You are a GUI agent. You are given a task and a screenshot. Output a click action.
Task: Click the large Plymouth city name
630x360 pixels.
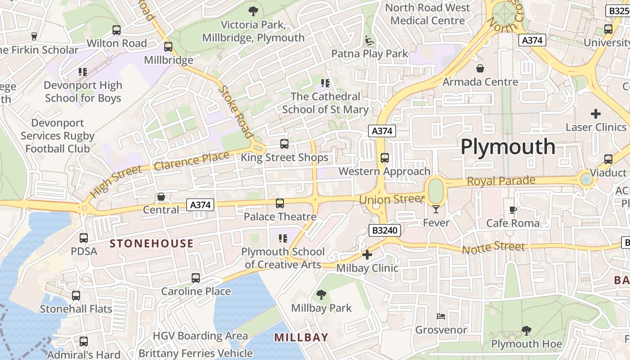508,147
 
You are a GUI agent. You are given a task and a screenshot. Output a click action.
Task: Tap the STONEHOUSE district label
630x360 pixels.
152,243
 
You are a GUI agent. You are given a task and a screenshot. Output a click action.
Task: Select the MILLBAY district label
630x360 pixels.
301,337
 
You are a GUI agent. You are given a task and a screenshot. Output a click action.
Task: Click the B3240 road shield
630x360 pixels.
384,230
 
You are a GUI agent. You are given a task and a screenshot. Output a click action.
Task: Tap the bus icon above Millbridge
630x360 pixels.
168,47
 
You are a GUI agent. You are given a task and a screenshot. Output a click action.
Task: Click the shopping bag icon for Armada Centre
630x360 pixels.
480,68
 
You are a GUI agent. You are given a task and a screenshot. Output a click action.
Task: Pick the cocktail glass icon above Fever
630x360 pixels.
436,209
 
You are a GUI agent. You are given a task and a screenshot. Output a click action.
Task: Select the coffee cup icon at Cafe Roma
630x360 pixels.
513,210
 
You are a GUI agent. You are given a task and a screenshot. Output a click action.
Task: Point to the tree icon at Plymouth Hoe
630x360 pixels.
526,331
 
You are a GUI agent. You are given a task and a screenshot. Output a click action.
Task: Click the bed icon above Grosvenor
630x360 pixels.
441,316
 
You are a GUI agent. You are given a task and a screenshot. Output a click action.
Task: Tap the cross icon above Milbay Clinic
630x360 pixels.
367,255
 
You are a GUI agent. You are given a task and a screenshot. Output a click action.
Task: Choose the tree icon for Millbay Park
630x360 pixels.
321,295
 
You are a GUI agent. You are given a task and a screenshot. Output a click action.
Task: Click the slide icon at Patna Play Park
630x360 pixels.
369,40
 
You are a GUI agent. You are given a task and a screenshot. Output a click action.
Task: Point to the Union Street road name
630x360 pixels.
392,198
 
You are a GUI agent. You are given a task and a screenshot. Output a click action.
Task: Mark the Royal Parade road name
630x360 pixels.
501,181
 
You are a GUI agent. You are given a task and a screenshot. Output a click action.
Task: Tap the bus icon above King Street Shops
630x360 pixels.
284,144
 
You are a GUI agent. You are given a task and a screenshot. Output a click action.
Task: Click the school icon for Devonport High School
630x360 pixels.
83,72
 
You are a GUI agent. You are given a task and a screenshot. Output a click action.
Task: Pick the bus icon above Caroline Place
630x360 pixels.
196,278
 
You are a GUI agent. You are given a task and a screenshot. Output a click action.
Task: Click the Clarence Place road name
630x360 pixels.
191,161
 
